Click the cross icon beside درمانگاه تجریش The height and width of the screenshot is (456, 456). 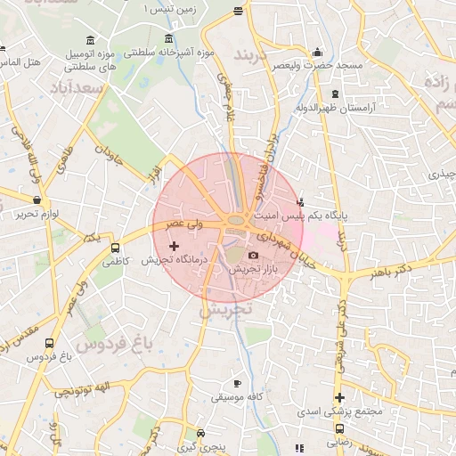pos(173,245)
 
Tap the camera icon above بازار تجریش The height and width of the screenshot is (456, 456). pos(253,256)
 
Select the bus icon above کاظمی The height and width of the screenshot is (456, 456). pos(115,248)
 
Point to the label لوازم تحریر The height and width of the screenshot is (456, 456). pos(37,215)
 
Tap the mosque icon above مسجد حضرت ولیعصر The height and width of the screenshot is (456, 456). pos(317,53)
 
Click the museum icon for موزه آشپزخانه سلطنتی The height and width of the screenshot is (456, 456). pos(169,38)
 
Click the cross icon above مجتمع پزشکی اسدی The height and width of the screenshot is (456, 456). pos(338,398)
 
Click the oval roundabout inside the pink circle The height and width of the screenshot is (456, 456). pos(236,220)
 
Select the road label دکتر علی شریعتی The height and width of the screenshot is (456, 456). pos(342,331)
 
